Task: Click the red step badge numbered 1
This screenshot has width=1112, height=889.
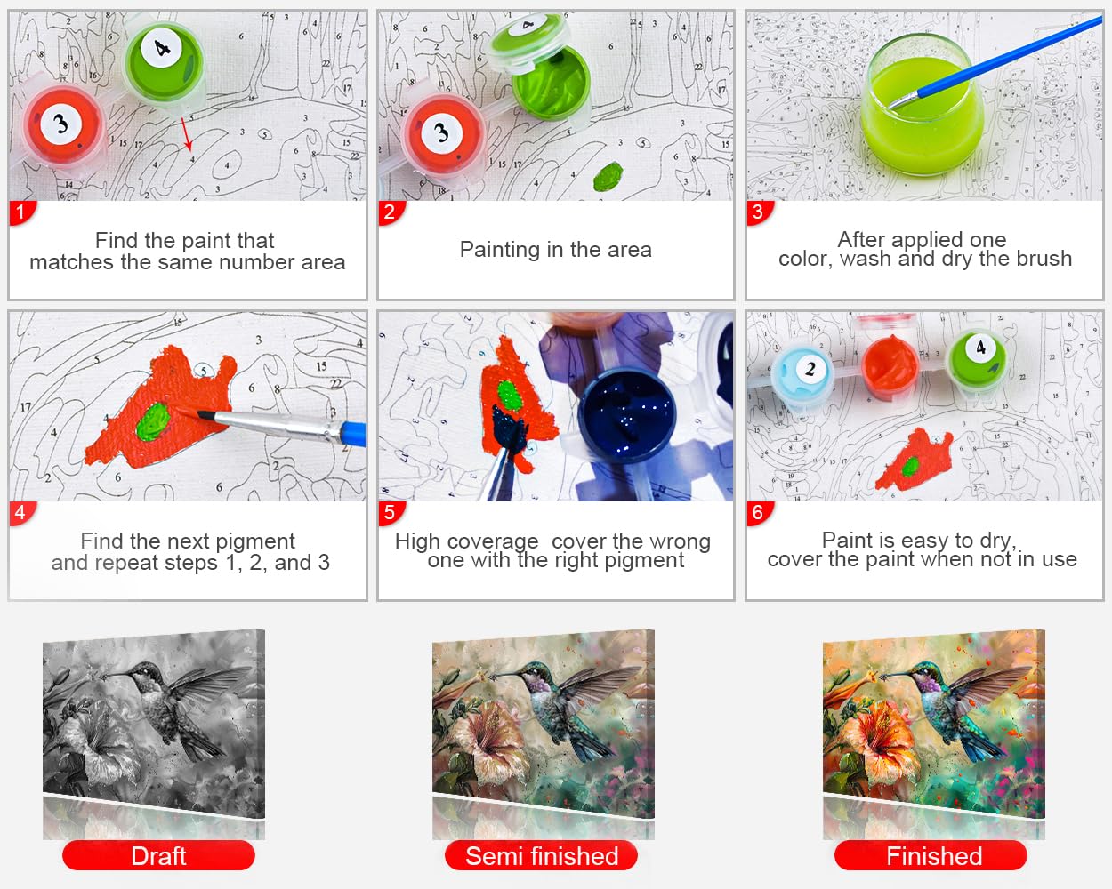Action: (21, 212)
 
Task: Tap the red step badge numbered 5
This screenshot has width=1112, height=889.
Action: (391, 513)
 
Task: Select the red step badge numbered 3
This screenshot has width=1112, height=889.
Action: (759, 212)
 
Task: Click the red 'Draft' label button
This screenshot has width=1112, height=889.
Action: (158, 855)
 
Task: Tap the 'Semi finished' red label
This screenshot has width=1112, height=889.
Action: (541, 855)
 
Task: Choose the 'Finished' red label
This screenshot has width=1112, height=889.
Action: (931, 855)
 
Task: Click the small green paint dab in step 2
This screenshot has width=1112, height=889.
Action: (608, 176)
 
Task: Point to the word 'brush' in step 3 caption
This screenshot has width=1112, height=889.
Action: (1044, 259)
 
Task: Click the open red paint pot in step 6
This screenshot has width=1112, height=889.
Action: (890, 365)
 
